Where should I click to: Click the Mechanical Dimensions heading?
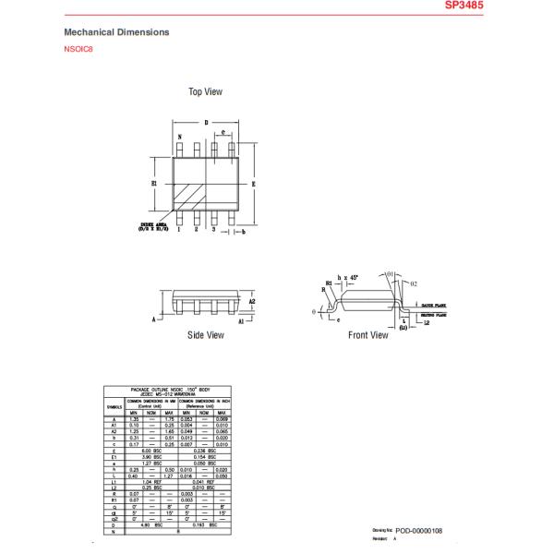pos(116,32)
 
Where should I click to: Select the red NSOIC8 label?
pos(78,50)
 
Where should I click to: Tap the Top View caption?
pos(205,92)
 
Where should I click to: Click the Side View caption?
pos(205,335)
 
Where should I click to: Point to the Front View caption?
pos(367,335)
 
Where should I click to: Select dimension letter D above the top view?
pos(206,121)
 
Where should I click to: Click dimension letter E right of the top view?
pos(253,183)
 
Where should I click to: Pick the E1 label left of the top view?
pos(154,184)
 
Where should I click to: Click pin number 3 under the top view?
pos(214,229)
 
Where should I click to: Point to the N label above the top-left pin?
pos(179,137)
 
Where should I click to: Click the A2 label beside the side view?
pos(252,302)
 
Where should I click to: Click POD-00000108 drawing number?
pos(419,531)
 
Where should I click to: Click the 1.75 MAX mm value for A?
pos(168,419)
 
